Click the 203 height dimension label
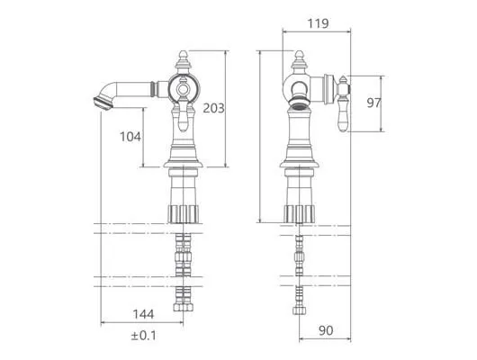click(213, 108)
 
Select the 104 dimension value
click(130, 137)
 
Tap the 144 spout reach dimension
click(143, 314)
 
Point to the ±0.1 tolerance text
click(144, 336)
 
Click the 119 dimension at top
click(319, 23)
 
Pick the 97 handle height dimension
click(373, 103)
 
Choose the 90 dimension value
click(326, 330)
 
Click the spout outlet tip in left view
click(103, 103)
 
